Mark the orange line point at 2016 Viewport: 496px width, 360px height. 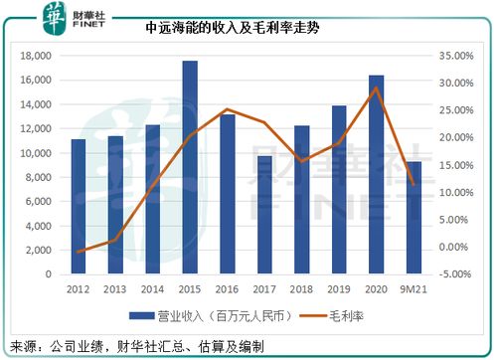click(x=229, y=109)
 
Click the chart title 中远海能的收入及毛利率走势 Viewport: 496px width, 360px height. click(x=247, y=31)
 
